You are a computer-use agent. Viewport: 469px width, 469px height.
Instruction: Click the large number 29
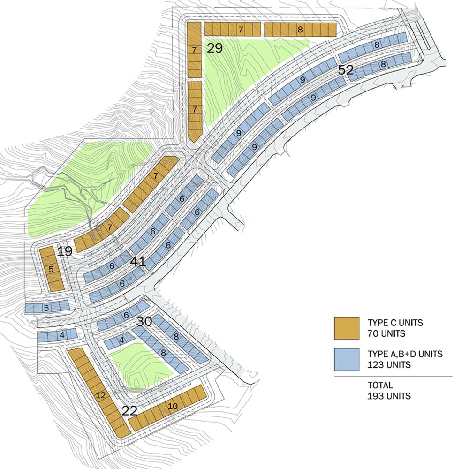(214, 48)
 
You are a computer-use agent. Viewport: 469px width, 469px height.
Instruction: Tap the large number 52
(346, 70)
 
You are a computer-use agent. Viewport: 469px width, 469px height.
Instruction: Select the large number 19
(65, 251)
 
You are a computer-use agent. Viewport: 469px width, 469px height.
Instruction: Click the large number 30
(145, 322)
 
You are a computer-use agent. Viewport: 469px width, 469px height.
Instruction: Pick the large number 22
(129, 411)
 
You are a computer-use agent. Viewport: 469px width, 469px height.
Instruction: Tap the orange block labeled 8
(300, 30)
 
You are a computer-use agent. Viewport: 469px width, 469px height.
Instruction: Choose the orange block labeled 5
(51, 270)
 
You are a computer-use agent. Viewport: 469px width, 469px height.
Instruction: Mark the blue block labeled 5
(46, 308)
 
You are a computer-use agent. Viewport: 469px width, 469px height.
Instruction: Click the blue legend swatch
(346, 359)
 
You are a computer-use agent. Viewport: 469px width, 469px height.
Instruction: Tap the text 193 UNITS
(389, 396)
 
